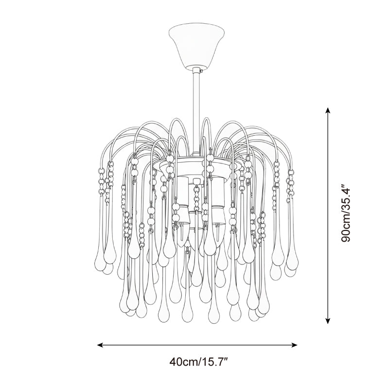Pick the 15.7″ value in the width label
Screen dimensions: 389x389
214,362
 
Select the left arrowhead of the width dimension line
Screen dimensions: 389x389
100,345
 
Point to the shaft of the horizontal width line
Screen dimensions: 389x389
197,345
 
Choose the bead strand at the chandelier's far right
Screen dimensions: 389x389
292,182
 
